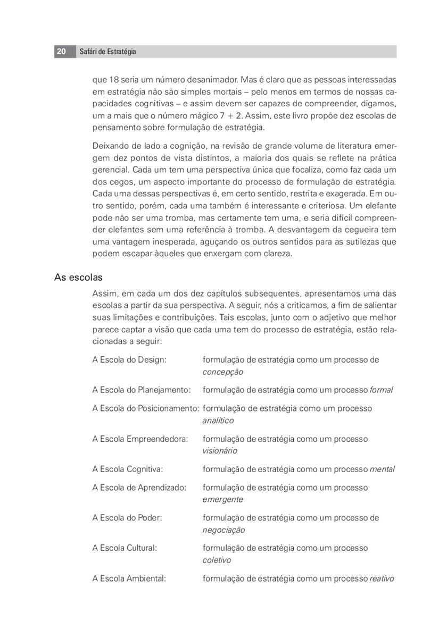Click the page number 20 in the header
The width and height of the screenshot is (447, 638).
62,52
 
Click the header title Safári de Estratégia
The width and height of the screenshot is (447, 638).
107,52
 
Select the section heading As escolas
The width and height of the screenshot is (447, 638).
78,278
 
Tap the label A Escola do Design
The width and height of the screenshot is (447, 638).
129,360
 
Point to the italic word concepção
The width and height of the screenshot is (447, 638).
222,372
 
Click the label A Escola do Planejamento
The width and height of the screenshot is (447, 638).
142,390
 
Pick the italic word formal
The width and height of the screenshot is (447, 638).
381,390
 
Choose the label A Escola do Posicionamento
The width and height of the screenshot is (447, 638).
146,409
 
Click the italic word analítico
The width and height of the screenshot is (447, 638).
218,421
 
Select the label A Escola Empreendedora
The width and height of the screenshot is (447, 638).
140,439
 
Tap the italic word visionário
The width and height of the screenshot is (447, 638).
220,451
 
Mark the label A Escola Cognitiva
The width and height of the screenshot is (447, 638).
128,469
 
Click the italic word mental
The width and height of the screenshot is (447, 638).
382,469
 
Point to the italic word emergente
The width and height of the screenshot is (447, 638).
222,500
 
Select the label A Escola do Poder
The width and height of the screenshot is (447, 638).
127,518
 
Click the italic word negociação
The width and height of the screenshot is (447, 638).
223,530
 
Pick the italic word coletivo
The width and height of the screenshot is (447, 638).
217,560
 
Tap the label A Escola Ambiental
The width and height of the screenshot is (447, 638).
129,578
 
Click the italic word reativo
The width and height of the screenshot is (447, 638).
382,578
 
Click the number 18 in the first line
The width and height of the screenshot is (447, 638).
114,80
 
